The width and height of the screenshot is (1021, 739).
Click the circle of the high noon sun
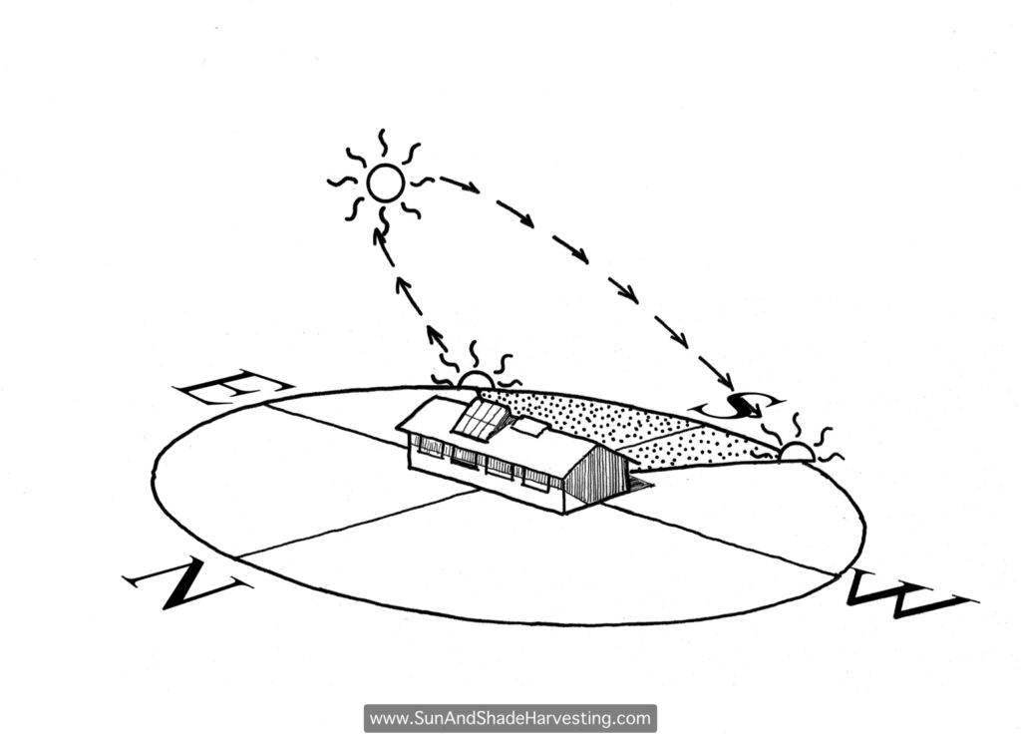point(386,183)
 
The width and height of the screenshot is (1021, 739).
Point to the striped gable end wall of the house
point(594,476)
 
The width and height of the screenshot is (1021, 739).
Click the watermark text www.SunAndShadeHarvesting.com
point(510,719)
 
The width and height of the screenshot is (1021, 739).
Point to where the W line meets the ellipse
point(839,574)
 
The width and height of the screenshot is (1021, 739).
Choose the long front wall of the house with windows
point(486,470)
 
